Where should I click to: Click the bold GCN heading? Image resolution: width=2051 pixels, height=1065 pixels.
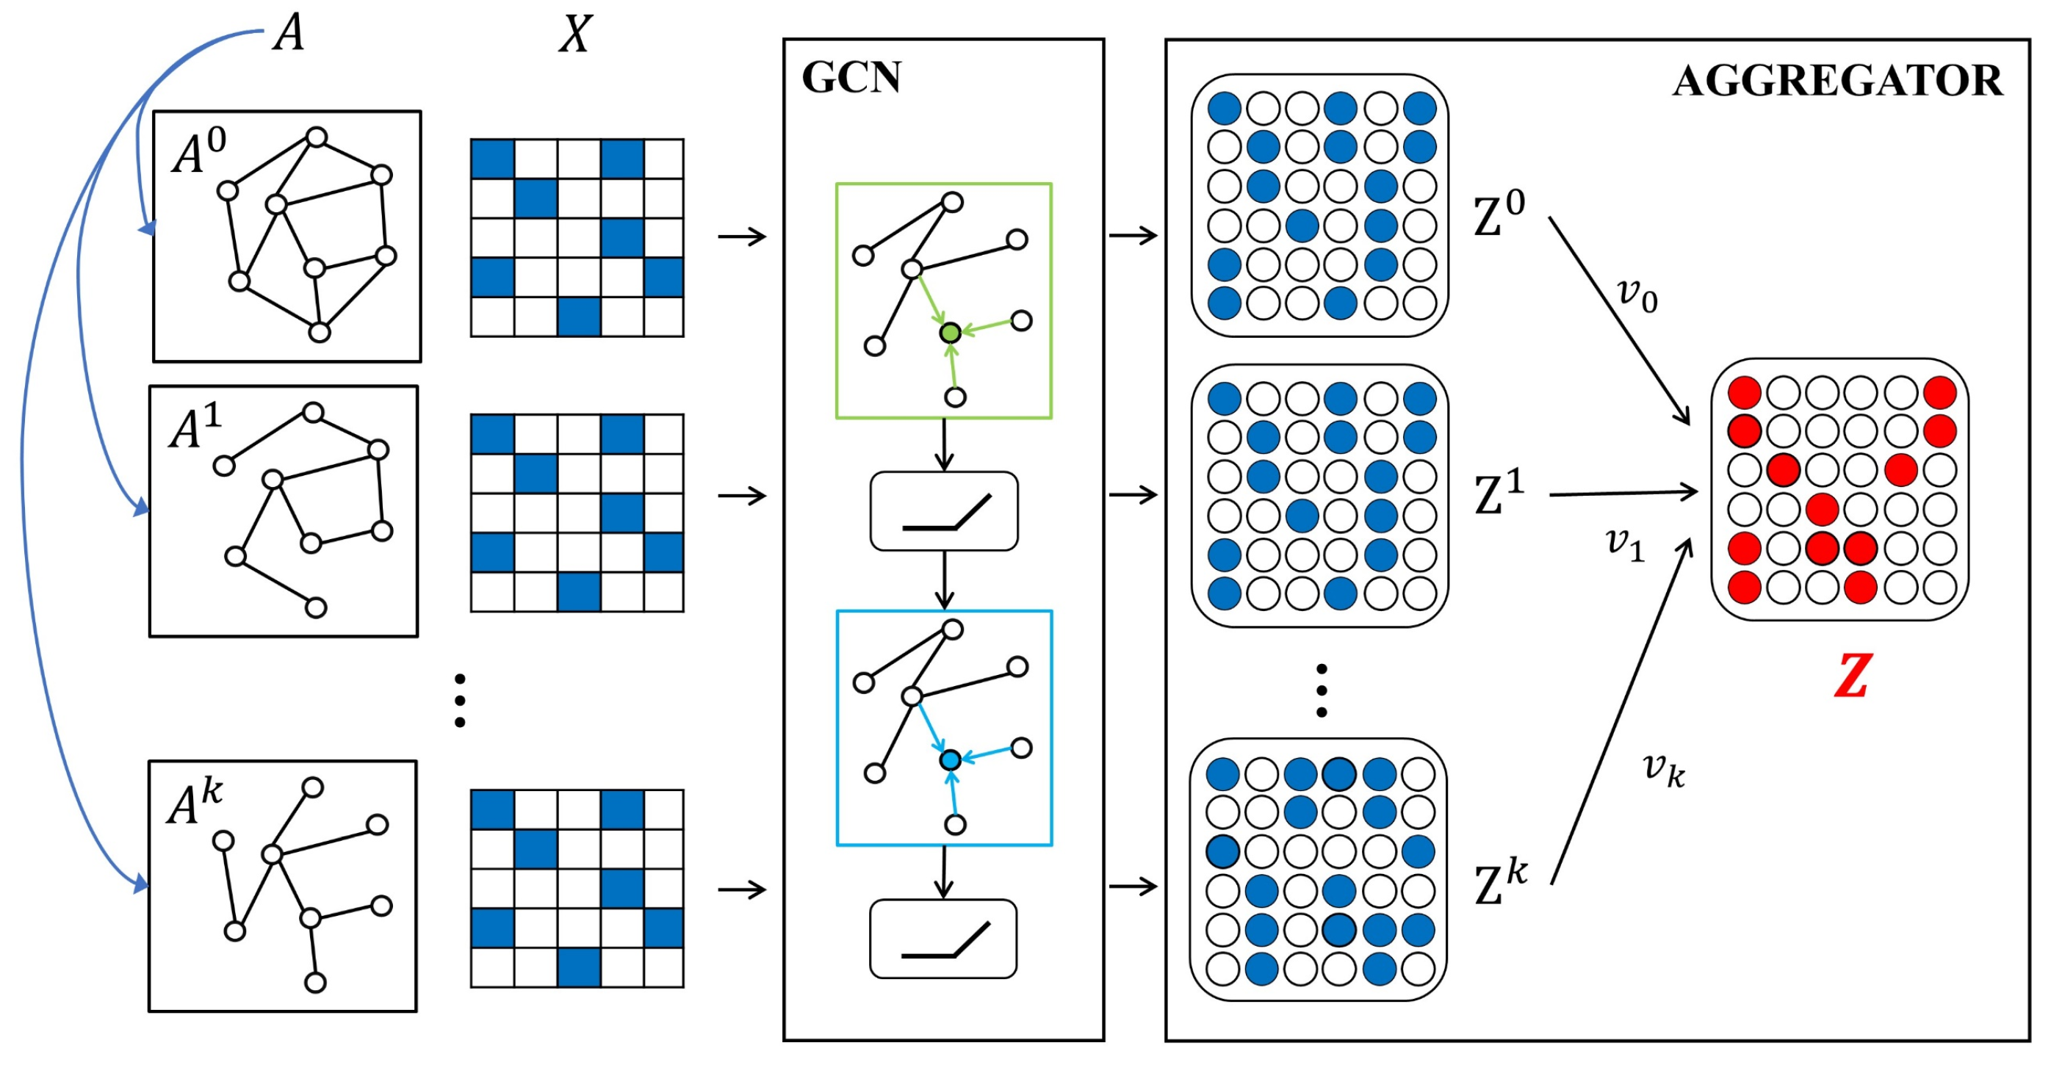point(851,78)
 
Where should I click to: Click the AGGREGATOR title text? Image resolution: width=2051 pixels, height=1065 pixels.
point(1836,82)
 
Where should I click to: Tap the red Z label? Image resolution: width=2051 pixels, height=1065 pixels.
point(1852,676)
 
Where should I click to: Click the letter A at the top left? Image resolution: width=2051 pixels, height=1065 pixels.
point(288,34)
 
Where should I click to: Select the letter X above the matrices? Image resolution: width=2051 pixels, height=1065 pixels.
point(575,35)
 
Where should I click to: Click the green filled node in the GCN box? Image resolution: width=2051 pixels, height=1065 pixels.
point(950,333)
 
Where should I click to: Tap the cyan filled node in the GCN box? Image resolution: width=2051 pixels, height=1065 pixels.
point(950,760)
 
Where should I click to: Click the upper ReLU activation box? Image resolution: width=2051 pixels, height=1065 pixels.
point(944,511)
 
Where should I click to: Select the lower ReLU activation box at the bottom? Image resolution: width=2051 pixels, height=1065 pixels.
point(943,939)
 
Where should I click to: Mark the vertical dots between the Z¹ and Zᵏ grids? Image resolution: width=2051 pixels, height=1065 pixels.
point(1322,690)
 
